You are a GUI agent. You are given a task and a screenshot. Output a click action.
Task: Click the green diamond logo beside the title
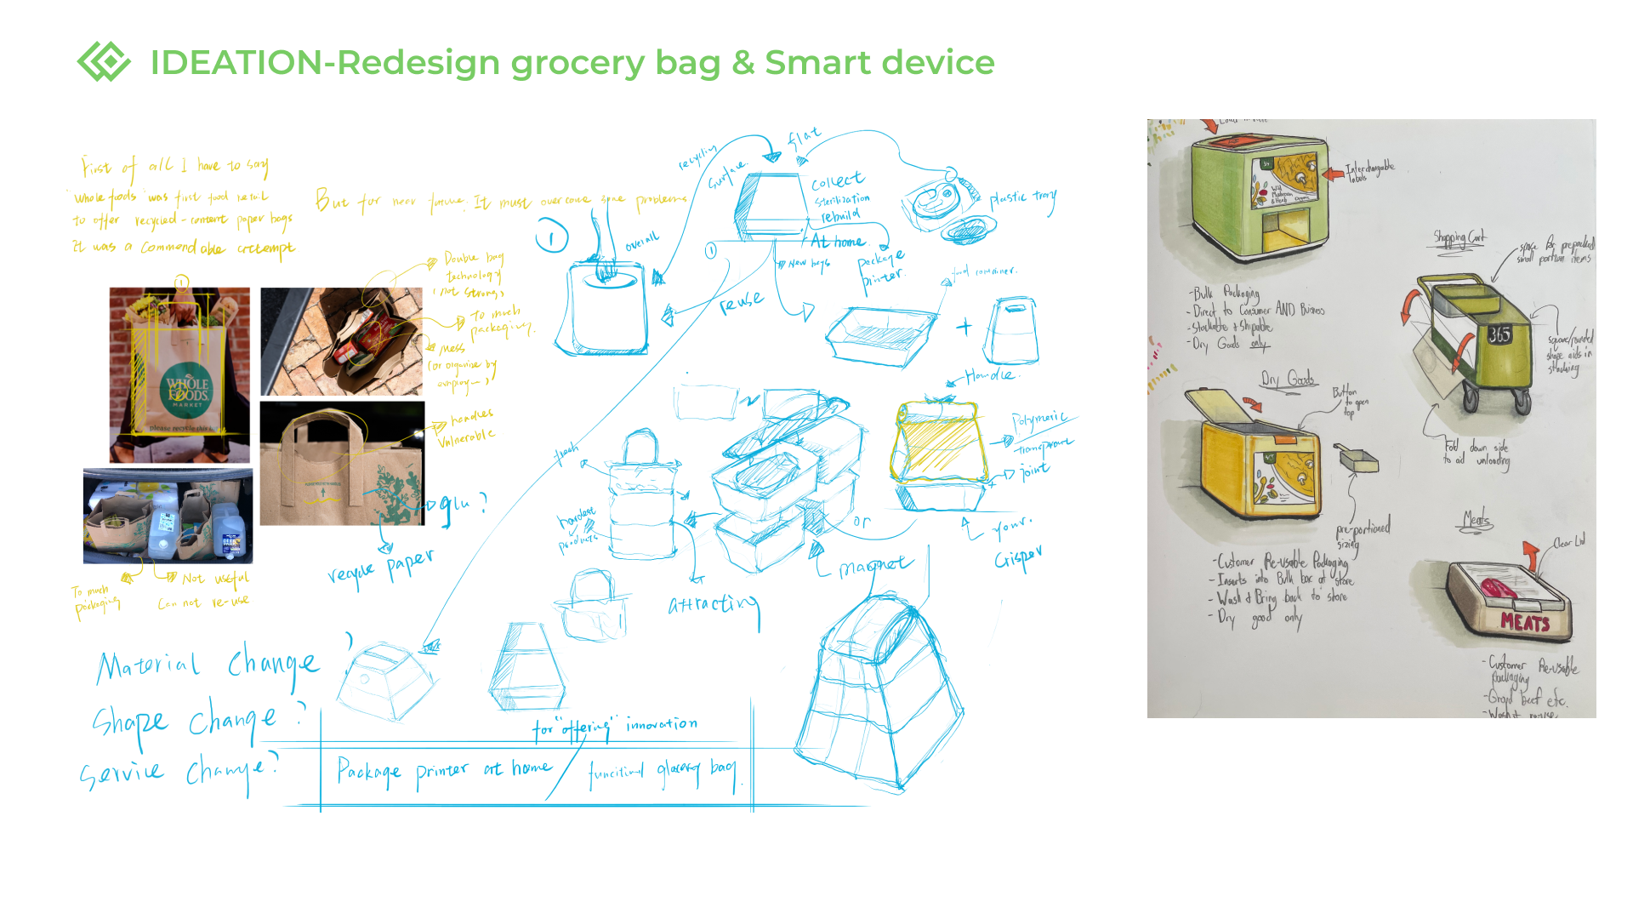(104, 61)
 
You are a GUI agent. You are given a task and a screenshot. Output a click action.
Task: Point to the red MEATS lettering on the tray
(1525, 623)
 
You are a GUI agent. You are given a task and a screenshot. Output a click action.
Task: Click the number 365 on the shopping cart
(1499, 334)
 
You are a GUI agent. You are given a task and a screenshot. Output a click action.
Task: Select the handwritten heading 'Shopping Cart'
(1459, 237)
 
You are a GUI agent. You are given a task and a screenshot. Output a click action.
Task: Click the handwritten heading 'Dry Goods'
(1288, 379)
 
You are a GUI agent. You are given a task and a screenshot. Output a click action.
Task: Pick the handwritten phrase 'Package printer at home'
(443, 771)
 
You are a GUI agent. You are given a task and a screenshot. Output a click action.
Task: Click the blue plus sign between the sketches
(964, 327)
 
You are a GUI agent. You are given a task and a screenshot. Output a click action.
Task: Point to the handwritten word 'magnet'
(875, 566)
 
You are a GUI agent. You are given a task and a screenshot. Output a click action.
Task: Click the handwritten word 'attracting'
(713, 604)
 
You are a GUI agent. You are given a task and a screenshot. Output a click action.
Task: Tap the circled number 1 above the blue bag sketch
(551, 237)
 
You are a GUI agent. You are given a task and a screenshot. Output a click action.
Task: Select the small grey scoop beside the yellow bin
(1357, 460)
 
